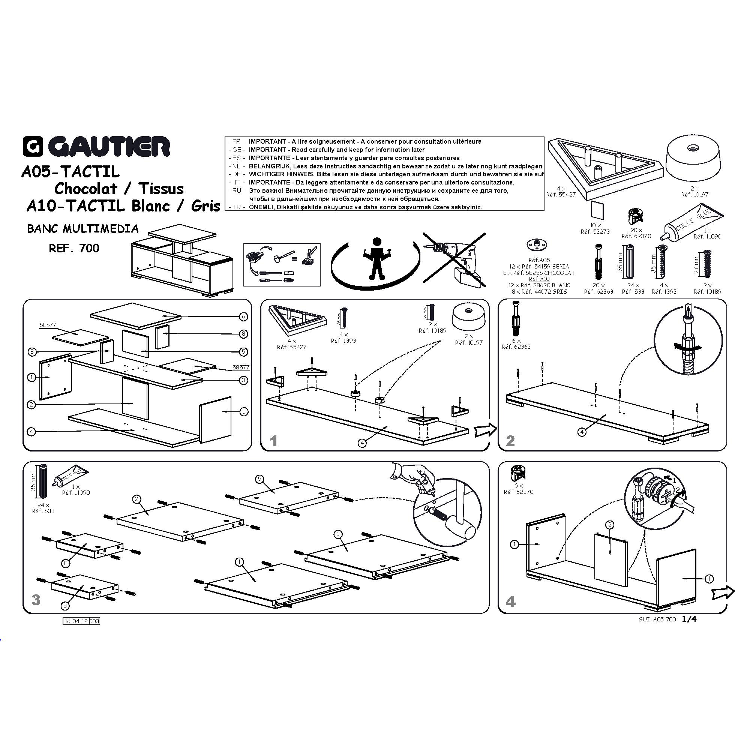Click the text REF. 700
click(x=74, y=249)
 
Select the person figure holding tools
click(x=376, y=258)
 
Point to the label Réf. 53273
click(x=595, y=232)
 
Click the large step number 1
click(x=274, y=441)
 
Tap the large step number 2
click(x=510, y=441)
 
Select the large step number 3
click(x=36, y=600)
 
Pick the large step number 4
click(x=510, y=601)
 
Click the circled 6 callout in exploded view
click(x=243, y=317)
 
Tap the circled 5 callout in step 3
click(x=260, y=479)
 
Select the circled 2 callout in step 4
click(x=610, y=525)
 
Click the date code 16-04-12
click(x=76, y=621)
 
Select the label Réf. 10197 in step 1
click(x=469, y=343)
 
